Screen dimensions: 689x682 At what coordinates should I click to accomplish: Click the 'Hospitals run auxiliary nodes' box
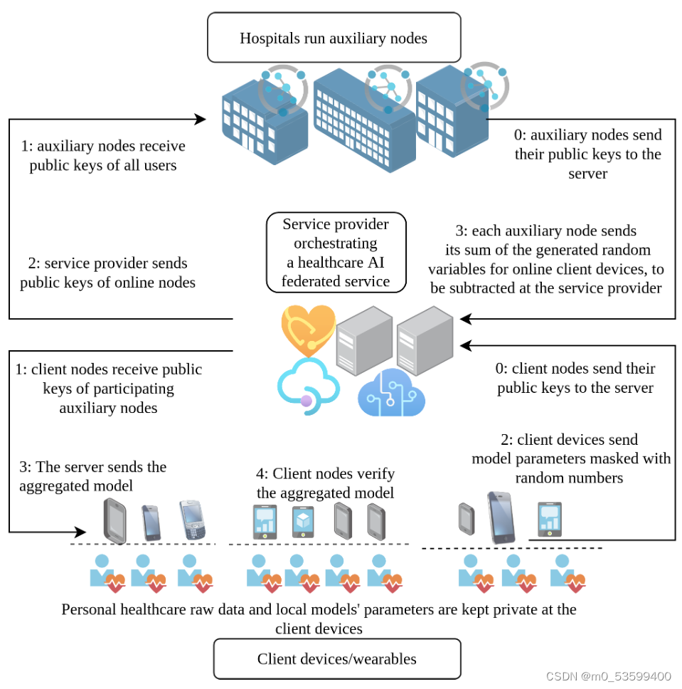pos(334,38)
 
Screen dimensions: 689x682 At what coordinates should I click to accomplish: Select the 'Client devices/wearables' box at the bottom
pos(337,658)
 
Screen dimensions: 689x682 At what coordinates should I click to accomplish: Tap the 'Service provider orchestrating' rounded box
pos(336,253)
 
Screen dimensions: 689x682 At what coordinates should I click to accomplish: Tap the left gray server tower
pos(364,340)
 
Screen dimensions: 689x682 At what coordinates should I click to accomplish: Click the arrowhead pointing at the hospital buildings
pos(201,119)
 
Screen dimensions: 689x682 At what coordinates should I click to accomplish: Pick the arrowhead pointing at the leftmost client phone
pos(80,532)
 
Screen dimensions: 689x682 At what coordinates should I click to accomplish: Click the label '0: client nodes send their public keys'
pos(575,378)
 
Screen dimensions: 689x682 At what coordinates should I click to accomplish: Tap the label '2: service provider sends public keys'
pos(107,273)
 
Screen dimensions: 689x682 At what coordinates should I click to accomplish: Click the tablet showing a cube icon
pos(302,521)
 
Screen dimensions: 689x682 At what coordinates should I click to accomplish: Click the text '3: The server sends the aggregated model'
pos(92,476)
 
